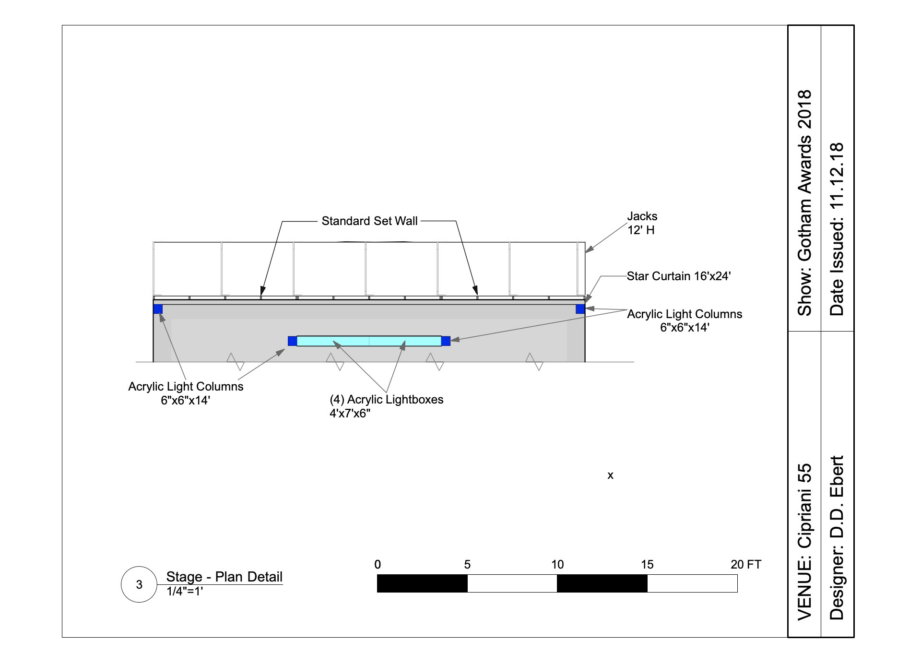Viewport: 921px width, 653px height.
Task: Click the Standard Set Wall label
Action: [369, 221]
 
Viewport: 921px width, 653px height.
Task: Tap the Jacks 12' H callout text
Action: [642, 223]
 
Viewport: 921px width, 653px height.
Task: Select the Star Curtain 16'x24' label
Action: [679, 276]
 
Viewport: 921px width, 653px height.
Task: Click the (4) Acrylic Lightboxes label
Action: [386, 406]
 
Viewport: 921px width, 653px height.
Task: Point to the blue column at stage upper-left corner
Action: [158, 309]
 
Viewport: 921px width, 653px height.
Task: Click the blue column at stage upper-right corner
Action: [580, 309]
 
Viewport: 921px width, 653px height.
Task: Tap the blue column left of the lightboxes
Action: [292, 341]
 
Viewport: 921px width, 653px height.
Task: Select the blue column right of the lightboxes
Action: [446, 341]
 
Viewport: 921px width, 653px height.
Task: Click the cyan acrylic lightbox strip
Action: [369, 341]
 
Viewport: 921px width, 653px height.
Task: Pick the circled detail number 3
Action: [139, 584]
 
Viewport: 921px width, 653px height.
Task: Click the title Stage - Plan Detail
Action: [224, 577]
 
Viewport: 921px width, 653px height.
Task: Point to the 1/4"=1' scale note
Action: [185, 592]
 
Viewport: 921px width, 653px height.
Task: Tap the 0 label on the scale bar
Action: [378, 565]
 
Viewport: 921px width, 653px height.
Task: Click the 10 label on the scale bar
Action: [557, 565]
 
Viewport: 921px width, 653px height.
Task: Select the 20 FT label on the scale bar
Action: [745, 565]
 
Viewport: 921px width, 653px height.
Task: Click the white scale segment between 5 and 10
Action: [512, 583]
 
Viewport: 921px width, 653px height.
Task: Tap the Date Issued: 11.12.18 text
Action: [837, 229]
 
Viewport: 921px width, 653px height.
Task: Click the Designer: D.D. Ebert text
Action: [837, 537]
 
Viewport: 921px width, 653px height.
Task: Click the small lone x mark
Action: [610, 475]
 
